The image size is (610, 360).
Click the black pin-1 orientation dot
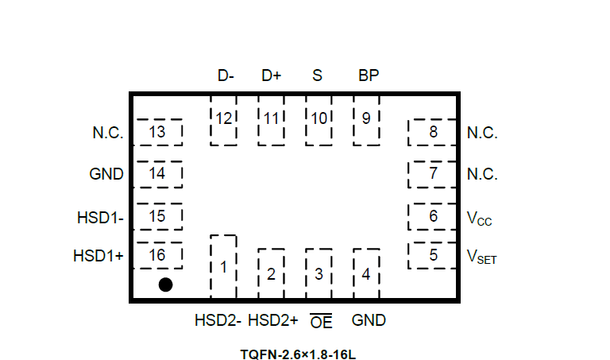click(165, 285)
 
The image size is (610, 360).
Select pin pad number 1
click(223, 267)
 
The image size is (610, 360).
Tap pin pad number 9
click(366, 120)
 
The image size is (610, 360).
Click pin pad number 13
click(158, 132)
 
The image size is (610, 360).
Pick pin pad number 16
click(158, 255)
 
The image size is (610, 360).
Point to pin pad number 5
click(433, 255)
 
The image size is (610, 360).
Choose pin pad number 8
click(433, 132)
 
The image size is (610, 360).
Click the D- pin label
click(226, 76)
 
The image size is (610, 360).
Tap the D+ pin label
click(272, 76)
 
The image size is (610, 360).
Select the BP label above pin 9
click(369, 76)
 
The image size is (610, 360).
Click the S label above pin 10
click(318, 76)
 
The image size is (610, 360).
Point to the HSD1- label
click(101, 216)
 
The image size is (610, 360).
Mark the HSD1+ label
click(98, 256)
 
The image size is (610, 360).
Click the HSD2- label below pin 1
click(218, 321)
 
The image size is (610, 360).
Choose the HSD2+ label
click(272, 321)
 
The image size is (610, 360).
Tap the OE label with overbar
click(321, 322)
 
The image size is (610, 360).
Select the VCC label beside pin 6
click(480, 217)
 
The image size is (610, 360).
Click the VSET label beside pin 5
click(481, 257)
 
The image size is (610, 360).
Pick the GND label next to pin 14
click(106, 175)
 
